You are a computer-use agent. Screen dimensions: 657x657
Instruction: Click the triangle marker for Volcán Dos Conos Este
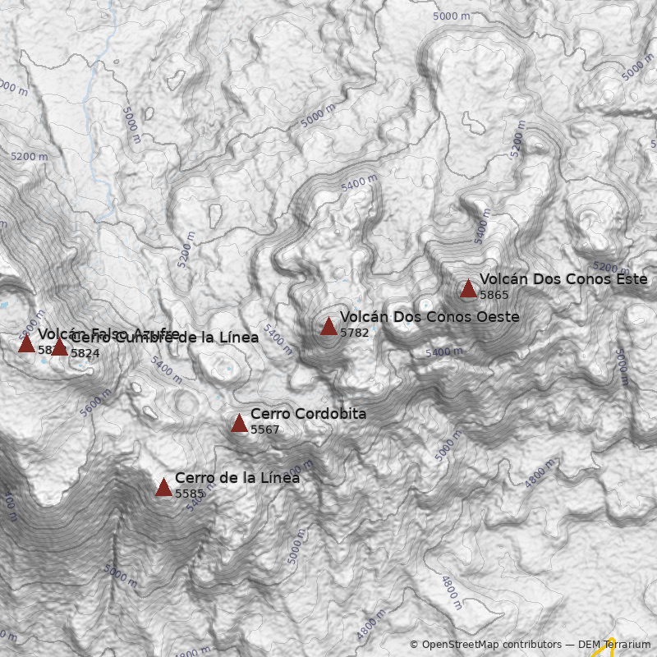tap(468, 288)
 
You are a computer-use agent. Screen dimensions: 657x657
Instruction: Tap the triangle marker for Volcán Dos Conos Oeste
tap(328, 326)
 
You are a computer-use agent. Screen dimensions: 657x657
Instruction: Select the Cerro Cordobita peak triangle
tap(239, 423)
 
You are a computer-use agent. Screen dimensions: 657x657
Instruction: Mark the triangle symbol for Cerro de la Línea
tap(163, 487)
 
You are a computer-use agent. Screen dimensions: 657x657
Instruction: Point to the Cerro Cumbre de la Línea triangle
tap(59, 347)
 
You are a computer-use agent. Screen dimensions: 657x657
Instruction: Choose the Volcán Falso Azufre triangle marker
tap(26, 343)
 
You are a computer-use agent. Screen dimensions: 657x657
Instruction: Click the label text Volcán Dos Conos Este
tap(563, 279)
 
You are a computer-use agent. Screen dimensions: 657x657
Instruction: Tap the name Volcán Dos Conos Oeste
tap(429, 317)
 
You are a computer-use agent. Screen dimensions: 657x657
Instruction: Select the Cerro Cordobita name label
tap(308, 414)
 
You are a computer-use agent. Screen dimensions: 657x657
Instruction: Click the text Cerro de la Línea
tap(237, 478)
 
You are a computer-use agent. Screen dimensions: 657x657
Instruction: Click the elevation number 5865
tap(494, 295)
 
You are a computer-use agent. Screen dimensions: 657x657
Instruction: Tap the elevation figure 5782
tap(354, 333)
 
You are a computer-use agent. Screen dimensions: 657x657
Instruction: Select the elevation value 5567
tap(264, 430)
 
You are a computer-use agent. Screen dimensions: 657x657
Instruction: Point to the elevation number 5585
tap(189, 494)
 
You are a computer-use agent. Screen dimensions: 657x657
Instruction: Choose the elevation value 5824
tap(85, 353)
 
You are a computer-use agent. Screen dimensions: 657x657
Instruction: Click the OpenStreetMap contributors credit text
tap(485, 645)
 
